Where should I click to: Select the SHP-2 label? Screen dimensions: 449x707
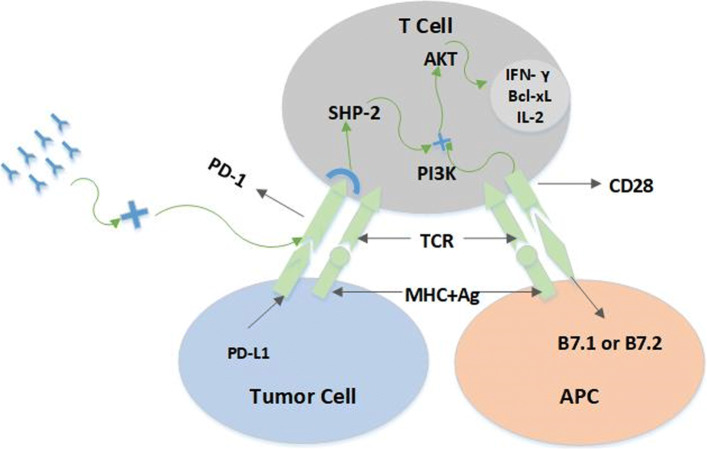pos(357,113)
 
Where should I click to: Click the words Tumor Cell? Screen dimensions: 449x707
pos(304,396)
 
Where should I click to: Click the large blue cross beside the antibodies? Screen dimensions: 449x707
pos(132,211)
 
